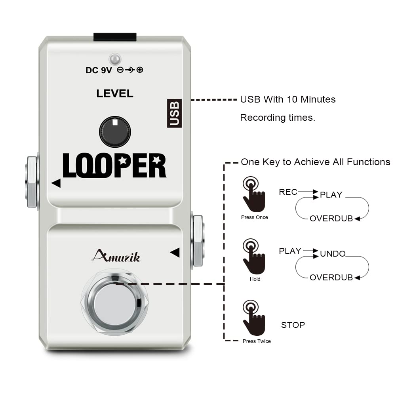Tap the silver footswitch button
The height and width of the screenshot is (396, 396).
114,304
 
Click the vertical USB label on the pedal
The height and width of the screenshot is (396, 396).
174,113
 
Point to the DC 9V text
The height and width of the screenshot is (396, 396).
99,70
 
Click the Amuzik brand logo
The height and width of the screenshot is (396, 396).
116,257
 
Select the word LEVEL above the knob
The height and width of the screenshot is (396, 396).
115,93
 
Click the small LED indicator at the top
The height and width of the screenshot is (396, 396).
115,59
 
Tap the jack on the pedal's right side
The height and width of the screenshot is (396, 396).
197,241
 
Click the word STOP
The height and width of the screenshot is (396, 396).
293,325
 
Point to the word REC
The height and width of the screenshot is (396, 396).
288,192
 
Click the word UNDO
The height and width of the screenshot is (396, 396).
333,254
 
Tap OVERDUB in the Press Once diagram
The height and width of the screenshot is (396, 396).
331,219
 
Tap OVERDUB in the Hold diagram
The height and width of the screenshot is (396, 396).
331,278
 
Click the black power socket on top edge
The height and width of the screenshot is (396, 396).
115,37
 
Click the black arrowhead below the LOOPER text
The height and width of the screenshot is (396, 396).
56,183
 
